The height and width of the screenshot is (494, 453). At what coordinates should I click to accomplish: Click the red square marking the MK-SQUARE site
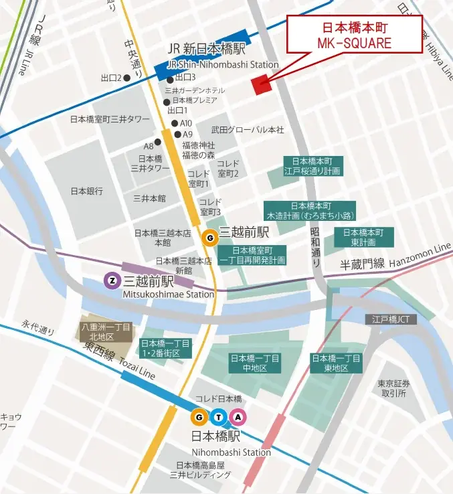click(x=260, y=84)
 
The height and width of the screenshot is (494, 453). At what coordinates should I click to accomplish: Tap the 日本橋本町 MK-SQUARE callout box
click(x=354, y=34)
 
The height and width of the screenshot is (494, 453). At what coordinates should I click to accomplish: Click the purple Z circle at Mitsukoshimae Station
click(x=112, y=280)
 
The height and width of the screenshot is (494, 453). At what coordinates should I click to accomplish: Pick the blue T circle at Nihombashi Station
click(x=219, y=417)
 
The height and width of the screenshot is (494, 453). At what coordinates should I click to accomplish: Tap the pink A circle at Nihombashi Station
click(x=238, y=417)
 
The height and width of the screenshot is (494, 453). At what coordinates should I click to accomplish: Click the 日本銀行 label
click(x=87, y=191)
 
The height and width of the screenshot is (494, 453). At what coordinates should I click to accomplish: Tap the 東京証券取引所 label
click(x=393, y=388)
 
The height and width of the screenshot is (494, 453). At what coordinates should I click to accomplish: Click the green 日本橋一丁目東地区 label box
click(x=336, y=363)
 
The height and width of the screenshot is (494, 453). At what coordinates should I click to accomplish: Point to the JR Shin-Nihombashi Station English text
click(x=222, y=64)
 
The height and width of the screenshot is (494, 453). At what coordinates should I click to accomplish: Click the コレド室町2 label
click(x=228, y=168)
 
